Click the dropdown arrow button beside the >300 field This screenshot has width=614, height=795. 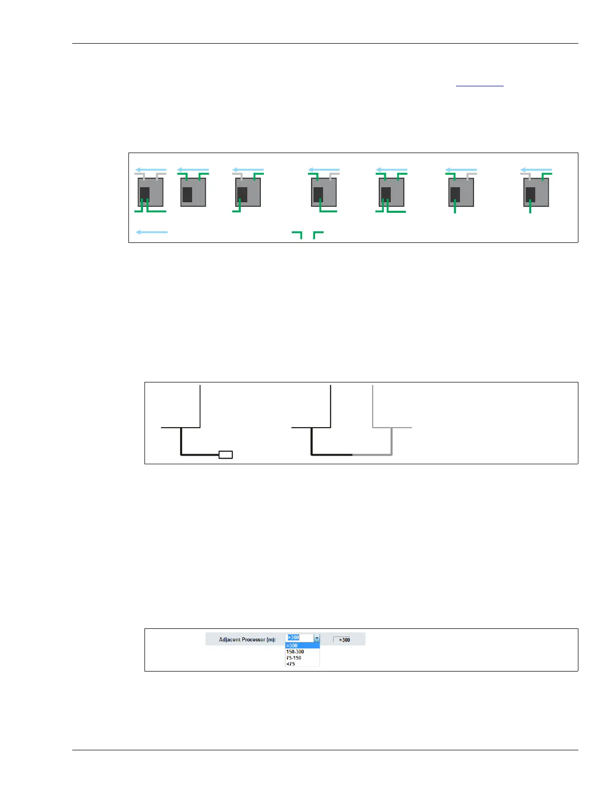point(317,638)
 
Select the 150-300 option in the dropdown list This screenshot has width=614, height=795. point(295,651)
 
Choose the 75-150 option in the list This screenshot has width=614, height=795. point(293,657)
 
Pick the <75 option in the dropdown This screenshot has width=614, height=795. point(290,664)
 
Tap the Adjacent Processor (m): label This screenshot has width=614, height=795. point(247,639)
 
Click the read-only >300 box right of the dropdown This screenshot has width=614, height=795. point(342,640)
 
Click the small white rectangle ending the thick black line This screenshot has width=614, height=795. point(226,455)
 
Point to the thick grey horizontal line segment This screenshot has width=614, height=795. point(372,455)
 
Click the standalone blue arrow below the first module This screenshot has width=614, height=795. point(151,232)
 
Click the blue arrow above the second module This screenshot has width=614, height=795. point(193,170)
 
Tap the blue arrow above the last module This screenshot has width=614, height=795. point(536,170)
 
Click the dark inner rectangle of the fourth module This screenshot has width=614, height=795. point(318,194)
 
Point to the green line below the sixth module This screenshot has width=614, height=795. point(455,206)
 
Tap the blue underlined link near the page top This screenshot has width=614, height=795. point(479,86)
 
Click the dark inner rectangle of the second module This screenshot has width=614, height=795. point(187,194)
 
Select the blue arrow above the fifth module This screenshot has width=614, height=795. point(392,170)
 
